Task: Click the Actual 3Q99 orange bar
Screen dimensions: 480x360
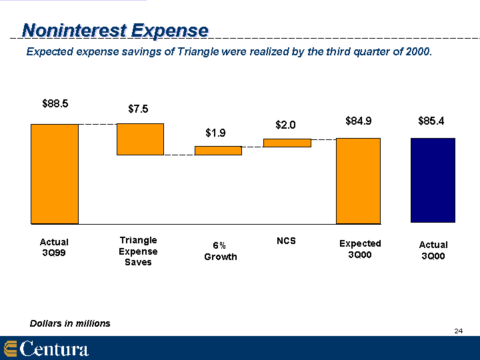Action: click(55, 174)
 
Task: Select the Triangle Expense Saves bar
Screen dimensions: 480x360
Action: click(140, 139)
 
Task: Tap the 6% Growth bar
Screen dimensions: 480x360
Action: click(218, 151)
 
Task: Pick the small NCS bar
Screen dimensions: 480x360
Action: click(287, 143)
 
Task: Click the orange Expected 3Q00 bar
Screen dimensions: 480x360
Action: click(358, 181)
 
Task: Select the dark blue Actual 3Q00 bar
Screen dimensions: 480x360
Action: click(433, 180)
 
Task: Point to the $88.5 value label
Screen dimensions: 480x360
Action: click(55, 104)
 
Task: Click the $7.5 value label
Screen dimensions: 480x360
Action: click(138, 109)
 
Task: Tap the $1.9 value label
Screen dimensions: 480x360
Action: click(215, 133)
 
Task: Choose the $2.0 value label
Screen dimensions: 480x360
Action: click(285, 125)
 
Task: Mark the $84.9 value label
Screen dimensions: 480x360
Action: click(359, 121)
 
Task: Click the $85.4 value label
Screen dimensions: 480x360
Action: click(431, 121)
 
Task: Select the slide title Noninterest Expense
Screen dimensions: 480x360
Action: click(115, 31)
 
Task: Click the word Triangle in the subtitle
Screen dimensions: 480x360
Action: click(198, 52)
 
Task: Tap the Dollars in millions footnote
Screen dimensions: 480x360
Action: click(70, 323)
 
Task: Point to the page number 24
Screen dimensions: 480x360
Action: click(458, 331)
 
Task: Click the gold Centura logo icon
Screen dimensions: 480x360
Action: click(10, 349)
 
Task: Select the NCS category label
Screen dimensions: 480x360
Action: click(286, 241)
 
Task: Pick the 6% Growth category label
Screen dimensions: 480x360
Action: click(221, 251)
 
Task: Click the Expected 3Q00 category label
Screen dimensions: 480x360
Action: click(360, 249)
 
